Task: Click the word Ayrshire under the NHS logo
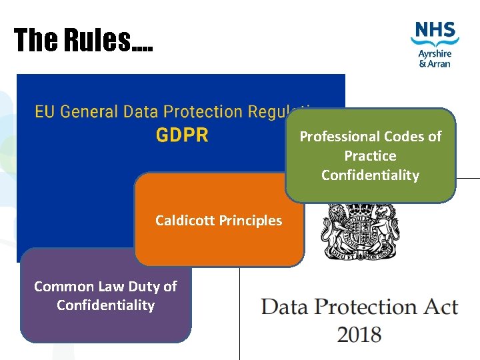435,53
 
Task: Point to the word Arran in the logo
440,63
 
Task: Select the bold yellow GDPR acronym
182,135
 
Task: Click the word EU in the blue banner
44,111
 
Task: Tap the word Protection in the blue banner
204,111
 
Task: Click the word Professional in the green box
339,137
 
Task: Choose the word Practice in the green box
370,156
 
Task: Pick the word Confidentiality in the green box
370,175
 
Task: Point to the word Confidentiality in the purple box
105,305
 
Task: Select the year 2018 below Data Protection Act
359,333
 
